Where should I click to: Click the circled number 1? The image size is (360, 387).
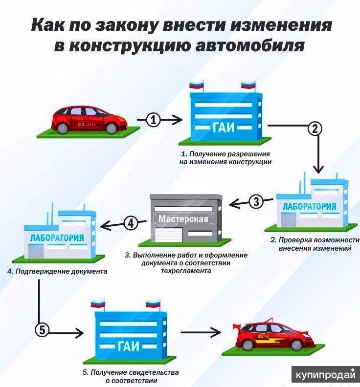click(154, 120)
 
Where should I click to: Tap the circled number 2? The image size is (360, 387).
click(314, 129)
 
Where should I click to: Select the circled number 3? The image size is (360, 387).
click(256, 201)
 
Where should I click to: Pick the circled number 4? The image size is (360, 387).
click(130, 223)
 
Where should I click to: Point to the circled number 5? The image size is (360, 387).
click(43, 330)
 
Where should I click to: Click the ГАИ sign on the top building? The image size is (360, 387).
click(224, 128)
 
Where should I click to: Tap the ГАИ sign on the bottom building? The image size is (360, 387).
click(129, 346)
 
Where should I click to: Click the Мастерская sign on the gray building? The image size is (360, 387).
click(183, 219)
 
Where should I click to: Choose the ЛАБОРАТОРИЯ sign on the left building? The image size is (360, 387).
click(57, 238)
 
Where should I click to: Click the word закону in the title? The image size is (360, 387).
click(119, 25)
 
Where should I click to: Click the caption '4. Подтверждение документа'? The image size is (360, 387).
click(57, 271)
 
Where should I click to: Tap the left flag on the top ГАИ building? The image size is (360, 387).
click(197, 86)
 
